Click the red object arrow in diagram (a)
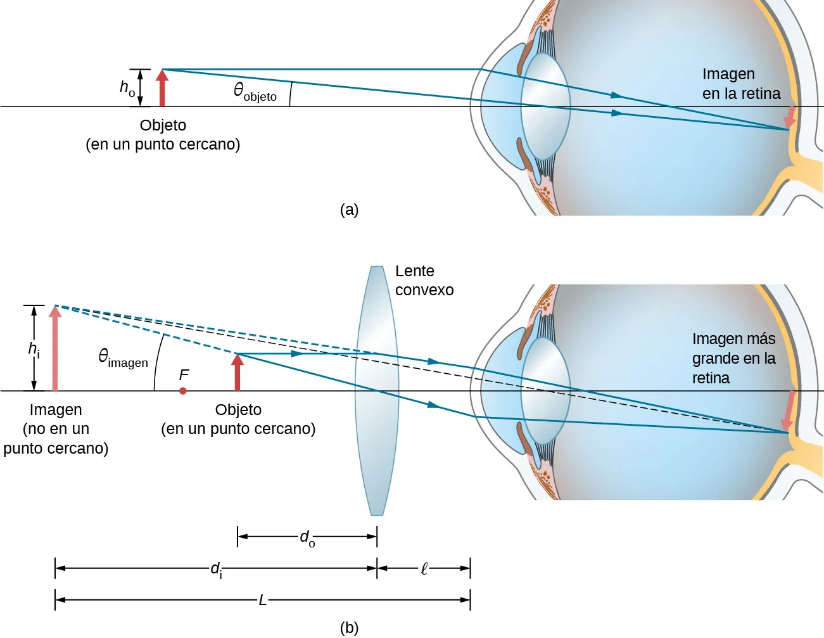(162, 88)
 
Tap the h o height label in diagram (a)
(127, 87)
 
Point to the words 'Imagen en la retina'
(741, 84)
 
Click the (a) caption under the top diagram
(349, 210)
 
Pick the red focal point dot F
(183, 391)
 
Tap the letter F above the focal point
(184, 375)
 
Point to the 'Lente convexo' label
(424, 281)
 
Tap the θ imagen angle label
(123, 357)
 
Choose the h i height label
(34, 349)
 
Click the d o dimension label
(307, 538)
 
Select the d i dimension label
(216, 569)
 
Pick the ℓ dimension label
(424, 569)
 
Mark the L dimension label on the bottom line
(262, 599)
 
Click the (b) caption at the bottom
(349, 628)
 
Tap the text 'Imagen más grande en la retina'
(733, 359)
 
